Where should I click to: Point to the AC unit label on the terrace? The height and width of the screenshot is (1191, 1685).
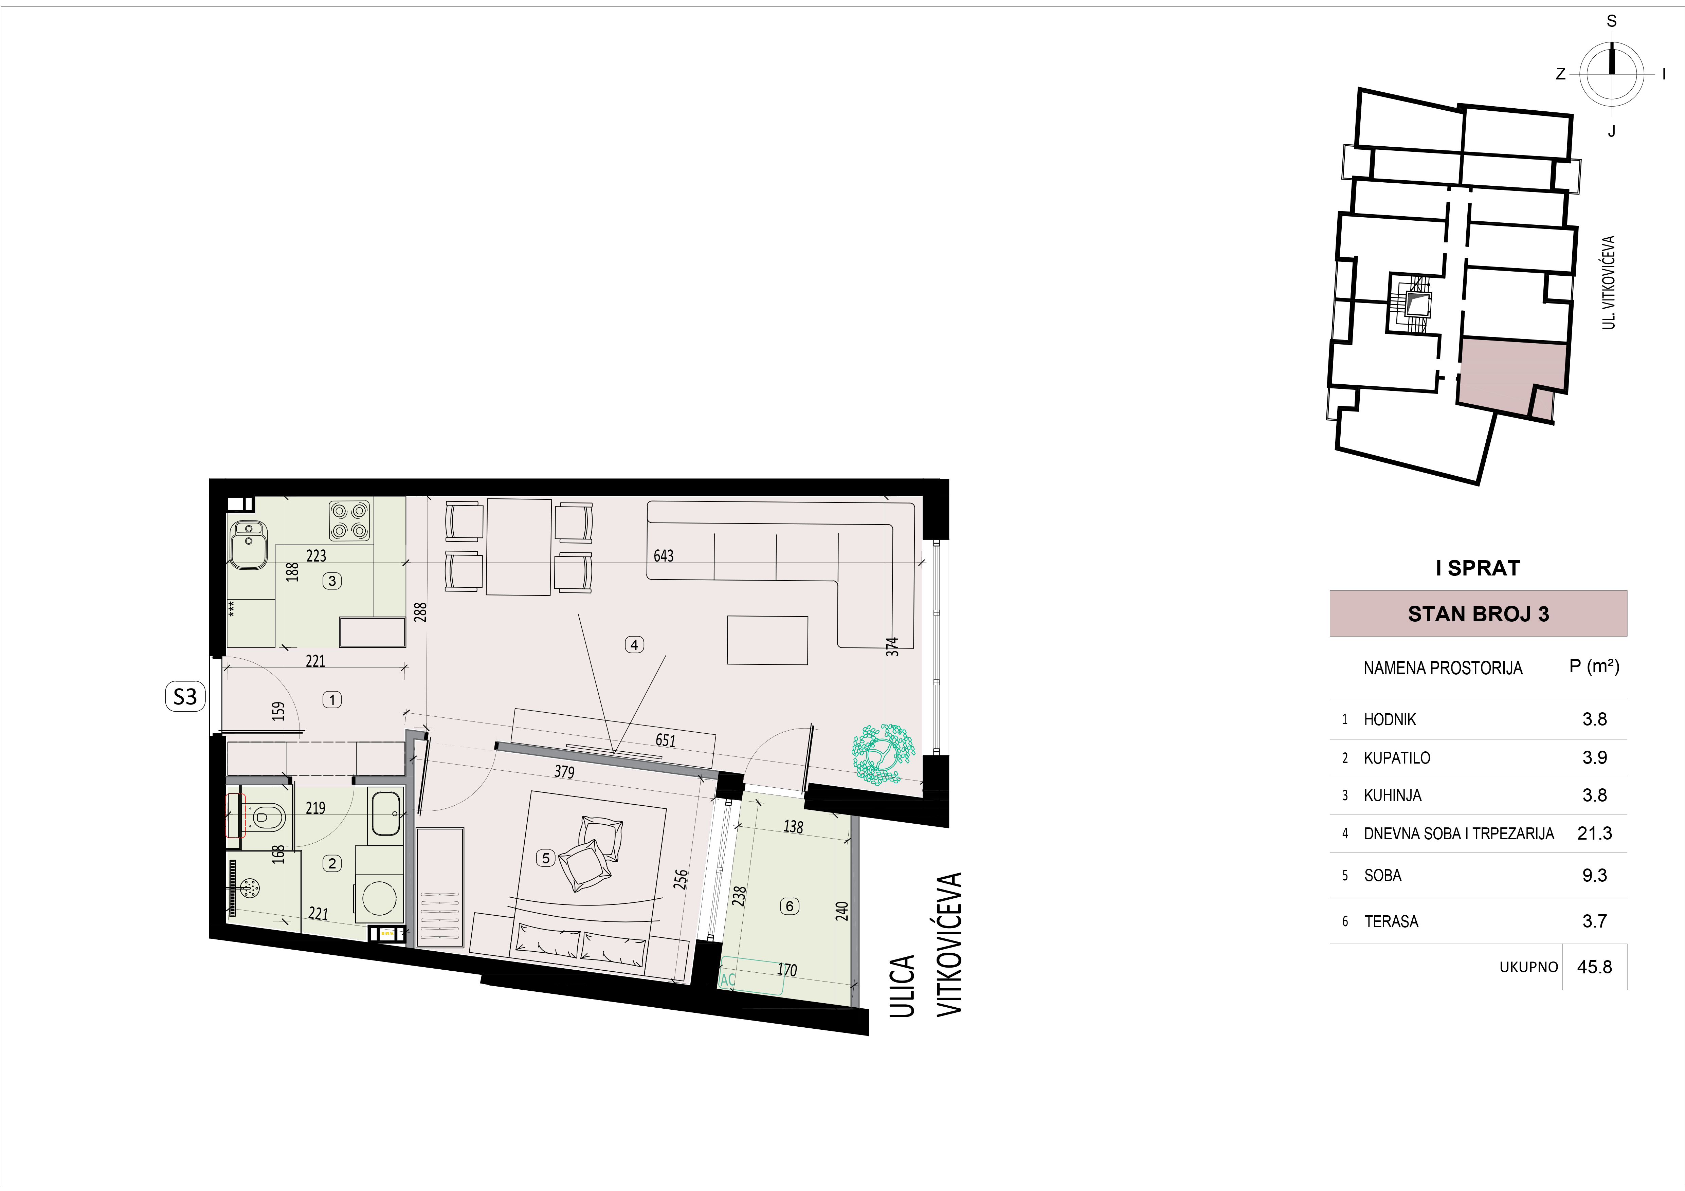pos(727,980)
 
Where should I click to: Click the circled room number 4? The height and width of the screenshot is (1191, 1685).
pos(634,644)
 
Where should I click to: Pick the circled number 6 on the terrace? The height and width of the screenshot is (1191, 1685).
pos(790,906)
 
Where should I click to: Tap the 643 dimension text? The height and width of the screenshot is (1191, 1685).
pos(664,555)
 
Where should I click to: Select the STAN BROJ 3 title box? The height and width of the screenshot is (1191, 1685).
pos(1478,613)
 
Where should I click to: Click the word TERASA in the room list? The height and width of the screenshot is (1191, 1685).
pos(1392,922)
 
